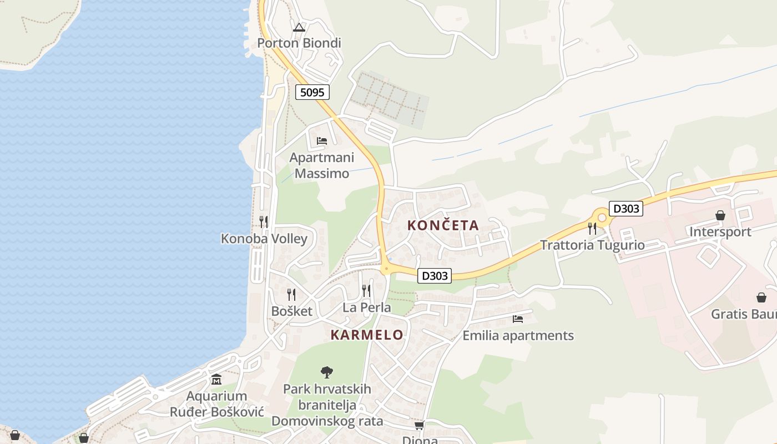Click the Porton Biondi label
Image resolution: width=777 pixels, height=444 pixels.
299,43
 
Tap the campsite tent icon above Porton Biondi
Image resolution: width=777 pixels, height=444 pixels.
299,27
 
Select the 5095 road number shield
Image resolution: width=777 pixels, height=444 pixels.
312,92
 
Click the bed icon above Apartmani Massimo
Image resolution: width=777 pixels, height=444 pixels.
322,141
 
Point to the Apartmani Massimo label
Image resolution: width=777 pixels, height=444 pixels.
322,165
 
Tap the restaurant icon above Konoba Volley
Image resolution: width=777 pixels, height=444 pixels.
264,222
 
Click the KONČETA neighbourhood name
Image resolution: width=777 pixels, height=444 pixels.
443,225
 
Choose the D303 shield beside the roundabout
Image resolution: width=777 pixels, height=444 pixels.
625,209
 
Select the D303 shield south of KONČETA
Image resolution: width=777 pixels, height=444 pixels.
434,275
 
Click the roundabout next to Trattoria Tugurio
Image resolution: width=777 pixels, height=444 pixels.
602,218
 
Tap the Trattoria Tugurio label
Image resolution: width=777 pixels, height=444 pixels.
592,245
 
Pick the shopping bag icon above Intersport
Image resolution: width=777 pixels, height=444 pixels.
720,215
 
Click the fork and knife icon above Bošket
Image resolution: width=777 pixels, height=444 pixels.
291,294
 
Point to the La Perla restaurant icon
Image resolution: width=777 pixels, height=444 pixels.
366,290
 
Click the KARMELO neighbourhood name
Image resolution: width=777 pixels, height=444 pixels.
367,335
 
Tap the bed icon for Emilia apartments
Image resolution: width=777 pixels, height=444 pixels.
518,319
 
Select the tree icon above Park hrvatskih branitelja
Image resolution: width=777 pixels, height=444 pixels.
327,372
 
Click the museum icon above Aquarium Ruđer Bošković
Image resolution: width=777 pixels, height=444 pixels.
216,380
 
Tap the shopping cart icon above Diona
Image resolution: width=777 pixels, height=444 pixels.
419,426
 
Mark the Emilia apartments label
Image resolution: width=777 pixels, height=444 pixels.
518,336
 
